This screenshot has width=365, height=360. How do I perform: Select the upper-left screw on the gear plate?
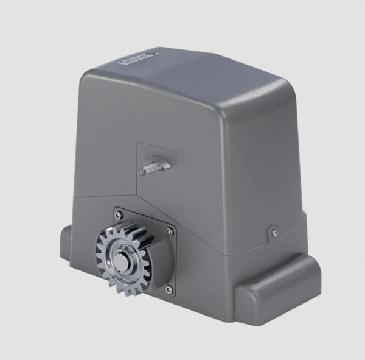click(x=119, y=215)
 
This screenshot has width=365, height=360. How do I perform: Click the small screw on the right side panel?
click(x=275, y=231)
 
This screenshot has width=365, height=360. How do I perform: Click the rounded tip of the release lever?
click(x=142, y=172)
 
